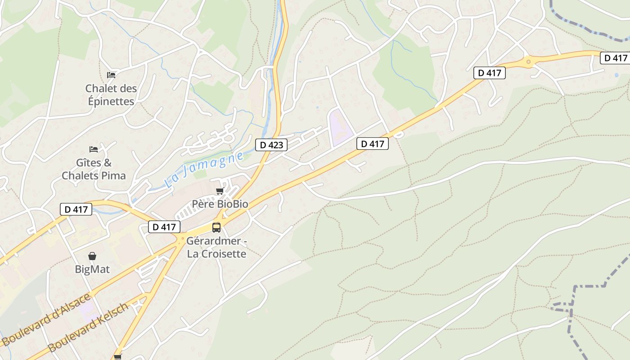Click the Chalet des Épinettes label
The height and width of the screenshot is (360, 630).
(x=111, y=95)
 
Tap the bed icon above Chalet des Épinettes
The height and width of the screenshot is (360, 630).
(x=111, y=75)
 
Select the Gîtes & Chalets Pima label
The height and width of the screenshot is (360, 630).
(x=94, y=169)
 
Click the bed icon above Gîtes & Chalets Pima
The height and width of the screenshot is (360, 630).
(x=94, y=149)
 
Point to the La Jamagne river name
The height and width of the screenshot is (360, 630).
(x=205, y=170)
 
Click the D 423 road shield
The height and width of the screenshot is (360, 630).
(x=271, y=145)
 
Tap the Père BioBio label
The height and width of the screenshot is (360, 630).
(x=220, y=204)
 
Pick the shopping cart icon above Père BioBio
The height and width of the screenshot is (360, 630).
(x=220, y=191)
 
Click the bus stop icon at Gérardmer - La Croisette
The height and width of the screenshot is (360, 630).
(x=216, y=227)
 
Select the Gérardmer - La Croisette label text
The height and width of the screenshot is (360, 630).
(x=217, y=247)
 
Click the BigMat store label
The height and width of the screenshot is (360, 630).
(x=92, y=269)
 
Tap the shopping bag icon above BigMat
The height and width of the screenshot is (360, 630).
(x=92, y=256)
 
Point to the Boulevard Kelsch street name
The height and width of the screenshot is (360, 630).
(x=88, y=328)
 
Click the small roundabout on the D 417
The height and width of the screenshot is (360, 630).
(x=529, y=62)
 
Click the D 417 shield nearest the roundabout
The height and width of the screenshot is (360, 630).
(x=489, y=72)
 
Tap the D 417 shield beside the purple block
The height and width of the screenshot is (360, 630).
(x=372, y=144)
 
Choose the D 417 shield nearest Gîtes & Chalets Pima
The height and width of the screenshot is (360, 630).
(x=76, y=209)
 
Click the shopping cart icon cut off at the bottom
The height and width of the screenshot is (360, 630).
(x=117, y=357)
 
